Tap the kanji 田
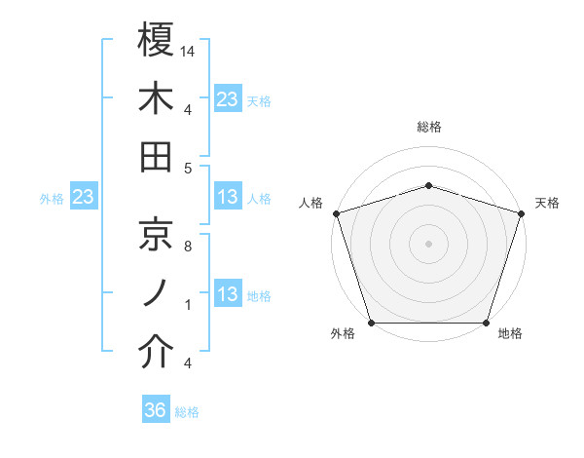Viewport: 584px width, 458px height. (156, 156)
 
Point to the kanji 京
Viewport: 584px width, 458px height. (156, 234)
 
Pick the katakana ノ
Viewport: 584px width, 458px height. (156, 293)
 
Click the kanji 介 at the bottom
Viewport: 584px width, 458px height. (156, 353)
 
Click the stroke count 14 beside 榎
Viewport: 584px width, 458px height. (188, 50)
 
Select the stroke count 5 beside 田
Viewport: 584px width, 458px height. (188, 168)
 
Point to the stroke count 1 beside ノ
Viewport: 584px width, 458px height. (188, 305)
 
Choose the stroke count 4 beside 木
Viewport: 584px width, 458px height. (188, 109)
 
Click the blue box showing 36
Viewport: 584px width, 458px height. (156, 410)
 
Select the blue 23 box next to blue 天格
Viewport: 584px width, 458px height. (228, 98)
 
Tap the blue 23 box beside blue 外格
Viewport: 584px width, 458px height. (84, 197)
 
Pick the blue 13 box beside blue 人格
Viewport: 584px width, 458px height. (228, 197)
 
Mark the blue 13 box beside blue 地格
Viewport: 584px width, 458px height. (228, 294)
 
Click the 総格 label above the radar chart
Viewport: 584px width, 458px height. (428, 127)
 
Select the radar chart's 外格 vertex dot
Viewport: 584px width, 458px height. (371, 323)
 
